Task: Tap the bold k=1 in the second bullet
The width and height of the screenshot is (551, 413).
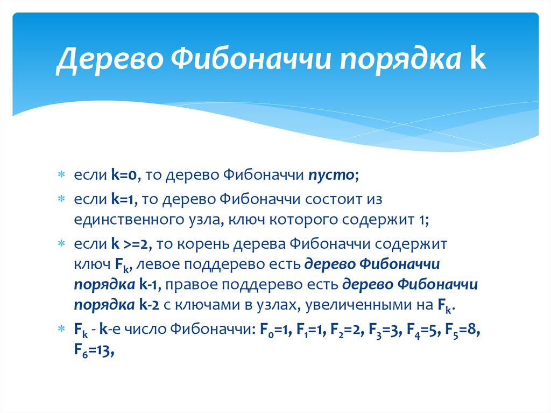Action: [123, 199]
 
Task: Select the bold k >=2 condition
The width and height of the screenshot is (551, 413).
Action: [130, 244]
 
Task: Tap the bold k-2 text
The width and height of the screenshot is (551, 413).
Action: [150, 305]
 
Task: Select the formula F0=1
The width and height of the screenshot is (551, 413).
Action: [276, 330]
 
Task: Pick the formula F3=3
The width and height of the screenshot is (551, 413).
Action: [385, 330]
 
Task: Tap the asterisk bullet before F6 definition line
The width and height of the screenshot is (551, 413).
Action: [61, 328]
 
